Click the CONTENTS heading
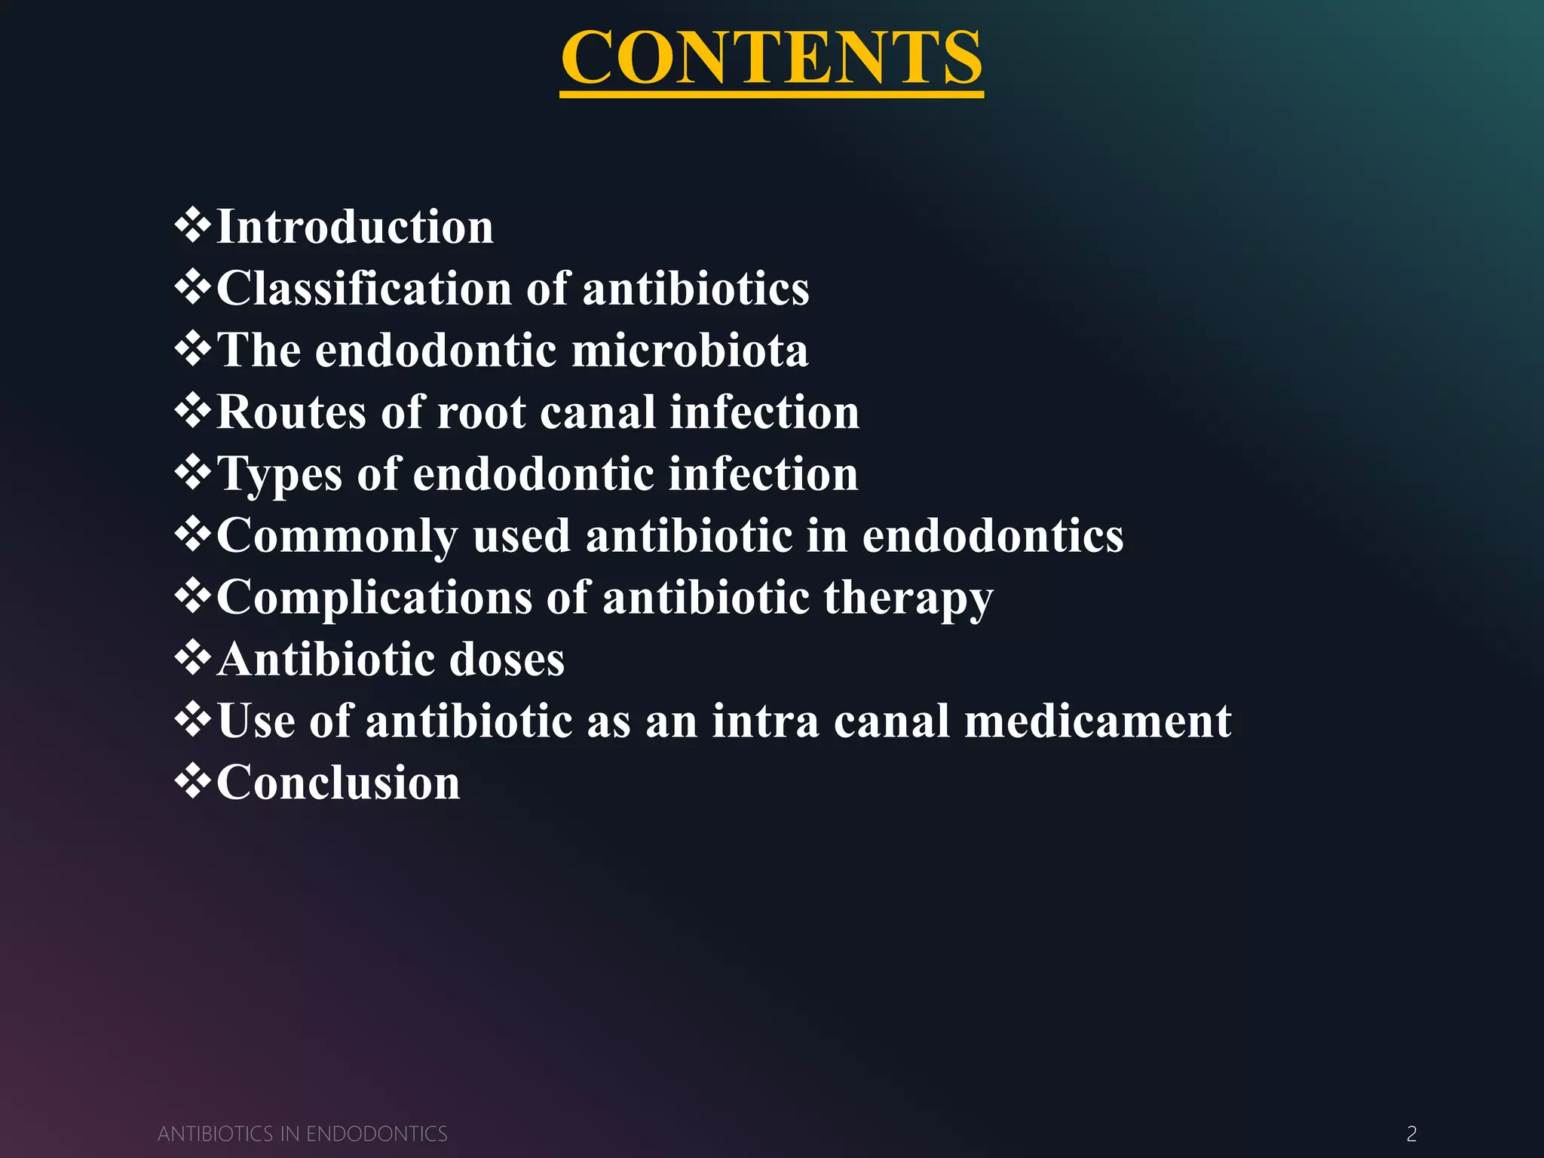tap(771, 58)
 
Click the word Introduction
tap(355, 227)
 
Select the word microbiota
tap(690, 351)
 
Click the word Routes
tap(292, 412)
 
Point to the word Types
tap(280, 474)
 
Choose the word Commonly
tap(337, 536)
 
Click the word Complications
tap(375, 598)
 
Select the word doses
tap(507, 660)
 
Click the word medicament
tap(1098, 721)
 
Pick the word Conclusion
tap(339, 783)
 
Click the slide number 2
tap(1411, 1133)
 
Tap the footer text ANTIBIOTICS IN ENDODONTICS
tap(302, 1134)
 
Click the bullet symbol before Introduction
tap(193, 226)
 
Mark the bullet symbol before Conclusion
tap(193, 781)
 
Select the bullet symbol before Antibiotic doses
tap(193, 658)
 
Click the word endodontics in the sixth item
tap(993, 536)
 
